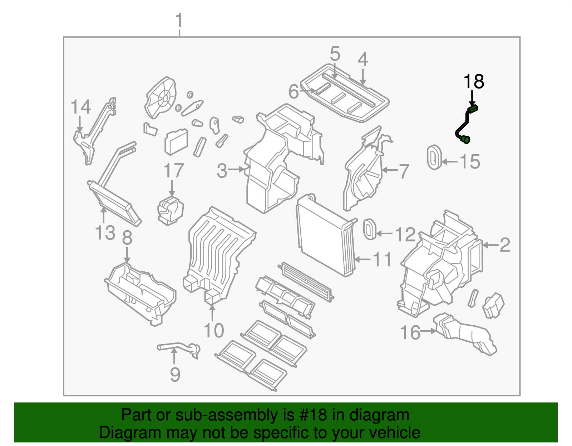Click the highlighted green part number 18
(465, 125)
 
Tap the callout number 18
(474, 82)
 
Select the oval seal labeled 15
(434, 157)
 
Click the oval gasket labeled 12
(369, 229)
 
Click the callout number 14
(81, 107)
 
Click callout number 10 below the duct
(213, 330)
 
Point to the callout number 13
(105, 233)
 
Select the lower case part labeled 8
(139, 293)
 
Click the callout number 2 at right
(504, 245)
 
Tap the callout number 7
(404, 171)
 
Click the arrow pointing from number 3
(236, 170)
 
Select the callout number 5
(335, 54)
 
